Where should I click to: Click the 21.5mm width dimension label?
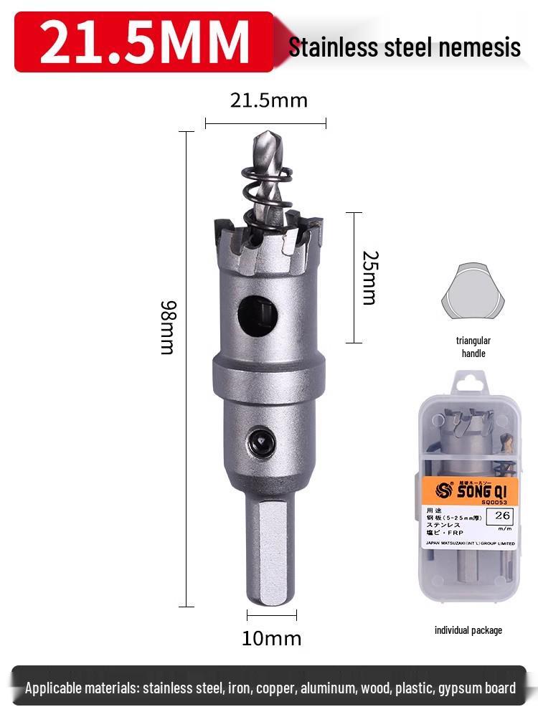pos(268,100)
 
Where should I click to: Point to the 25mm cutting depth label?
pos(369,277)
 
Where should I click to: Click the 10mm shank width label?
pos(271,638)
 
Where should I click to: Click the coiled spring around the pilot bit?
pos(266,189)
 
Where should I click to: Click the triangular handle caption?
pos(473,347)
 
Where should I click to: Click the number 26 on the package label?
pos(502,515)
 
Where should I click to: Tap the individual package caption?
pos(468,630)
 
